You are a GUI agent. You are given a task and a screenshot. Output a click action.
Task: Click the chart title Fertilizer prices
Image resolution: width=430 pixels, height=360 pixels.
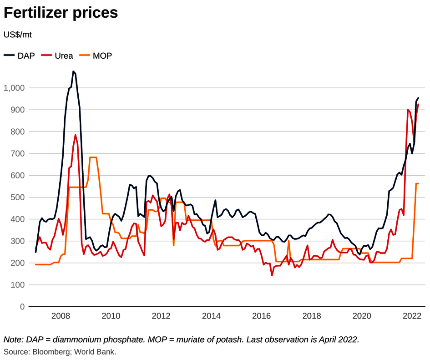61,13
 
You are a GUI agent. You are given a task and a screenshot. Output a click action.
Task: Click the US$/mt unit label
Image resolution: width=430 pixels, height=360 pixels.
18,35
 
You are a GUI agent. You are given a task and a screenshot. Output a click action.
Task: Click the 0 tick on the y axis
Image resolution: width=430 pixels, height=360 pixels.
21,307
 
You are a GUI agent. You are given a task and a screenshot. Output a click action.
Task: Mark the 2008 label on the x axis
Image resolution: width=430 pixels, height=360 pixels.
61,316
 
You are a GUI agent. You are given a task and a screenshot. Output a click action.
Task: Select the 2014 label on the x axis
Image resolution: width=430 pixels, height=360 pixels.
211,316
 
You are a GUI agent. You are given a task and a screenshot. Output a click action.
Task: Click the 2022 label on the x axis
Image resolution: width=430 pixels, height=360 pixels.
412,316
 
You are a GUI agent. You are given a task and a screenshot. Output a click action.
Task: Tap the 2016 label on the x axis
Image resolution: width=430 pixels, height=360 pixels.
262,316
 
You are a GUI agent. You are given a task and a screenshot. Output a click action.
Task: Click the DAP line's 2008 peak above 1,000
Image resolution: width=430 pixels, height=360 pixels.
73,71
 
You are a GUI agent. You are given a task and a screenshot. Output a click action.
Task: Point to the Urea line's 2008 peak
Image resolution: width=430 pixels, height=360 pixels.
76,135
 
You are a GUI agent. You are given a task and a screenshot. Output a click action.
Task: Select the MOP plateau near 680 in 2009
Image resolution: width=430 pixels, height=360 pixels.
93,157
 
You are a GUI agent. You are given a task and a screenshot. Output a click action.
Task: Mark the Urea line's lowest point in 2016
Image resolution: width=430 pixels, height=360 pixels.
272,275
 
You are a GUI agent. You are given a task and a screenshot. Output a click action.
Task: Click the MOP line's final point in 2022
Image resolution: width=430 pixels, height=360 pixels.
418,183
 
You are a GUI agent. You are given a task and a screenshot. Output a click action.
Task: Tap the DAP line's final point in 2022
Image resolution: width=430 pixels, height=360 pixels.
418,98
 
